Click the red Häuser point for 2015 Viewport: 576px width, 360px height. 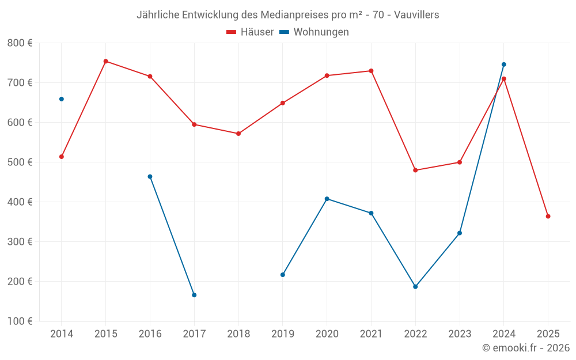point(106,61)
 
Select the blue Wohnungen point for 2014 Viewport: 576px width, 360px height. point(62,99)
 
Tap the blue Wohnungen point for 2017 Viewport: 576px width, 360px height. point(194,295)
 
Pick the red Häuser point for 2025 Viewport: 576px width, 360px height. point(548,217)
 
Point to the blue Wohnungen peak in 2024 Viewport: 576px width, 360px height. point(504,65)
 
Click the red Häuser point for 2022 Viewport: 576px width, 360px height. point(415,170)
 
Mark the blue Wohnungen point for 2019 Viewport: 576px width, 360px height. point(283,275)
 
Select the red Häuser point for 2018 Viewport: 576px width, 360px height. point(238,134)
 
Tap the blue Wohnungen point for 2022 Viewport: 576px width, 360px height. point(415,287)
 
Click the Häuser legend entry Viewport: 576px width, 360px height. point(250,32)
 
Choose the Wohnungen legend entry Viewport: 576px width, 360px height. point(314,32)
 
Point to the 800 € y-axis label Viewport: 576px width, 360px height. point(20,43)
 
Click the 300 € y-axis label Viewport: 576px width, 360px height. point(20,242)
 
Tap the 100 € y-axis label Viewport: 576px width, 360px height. point(20,321)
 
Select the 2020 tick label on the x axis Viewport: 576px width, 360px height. point(327,334)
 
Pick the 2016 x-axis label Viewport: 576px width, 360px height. point(150,334)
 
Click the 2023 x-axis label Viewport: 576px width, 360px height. point(460,334)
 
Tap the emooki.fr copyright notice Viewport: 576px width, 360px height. point(526,348)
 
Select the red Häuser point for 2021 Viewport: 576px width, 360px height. point(371,71)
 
